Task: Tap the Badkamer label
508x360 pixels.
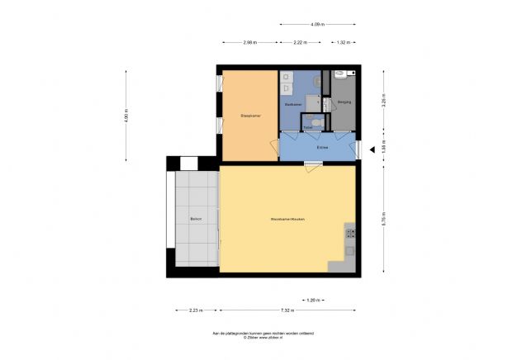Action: tap(292, 106)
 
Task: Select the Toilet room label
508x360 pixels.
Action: tap(308, 127)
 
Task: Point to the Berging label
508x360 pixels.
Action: tap(344, 102)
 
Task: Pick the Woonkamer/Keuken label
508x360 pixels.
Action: tap(288, 219)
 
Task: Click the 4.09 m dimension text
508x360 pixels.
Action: tap(317, 25)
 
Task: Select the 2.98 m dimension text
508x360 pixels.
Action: tap(250, 42)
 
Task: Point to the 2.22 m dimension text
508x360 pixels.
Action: tap(301, 42)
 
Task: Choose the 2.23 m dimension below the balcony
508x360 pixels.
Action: tap(195, 310)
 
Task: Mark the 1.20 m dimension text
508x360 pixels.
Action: tap(312, 299)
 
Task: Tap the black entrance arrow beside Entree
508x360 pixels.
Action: tap(373, 149)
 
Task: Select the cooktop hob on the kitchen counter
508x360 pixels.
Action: tap(349, 230)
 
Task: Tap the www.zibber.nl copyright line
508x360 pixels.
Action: tap(254, 339)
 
